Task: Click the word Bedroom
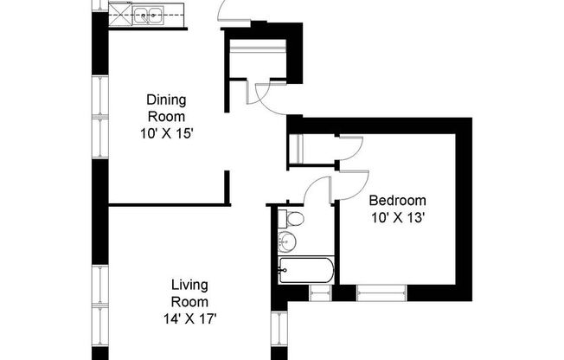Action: [x=398, y=201]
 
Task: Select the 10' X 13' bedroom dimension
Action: [x=398, y=217]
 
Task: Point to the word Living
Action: [x=189, y=285]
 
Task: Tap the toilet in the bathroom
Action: [x=292, y=218]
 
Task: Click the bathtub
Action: [x=306, y=270]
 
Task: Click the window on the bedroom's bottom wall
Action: [x=381, y=293]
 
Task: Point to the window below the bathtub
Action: [x=320, y=293]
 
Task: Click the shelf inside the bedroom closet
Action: [x=294, y=150]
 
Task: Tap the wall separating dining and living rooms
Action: [x=169, y=205]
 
